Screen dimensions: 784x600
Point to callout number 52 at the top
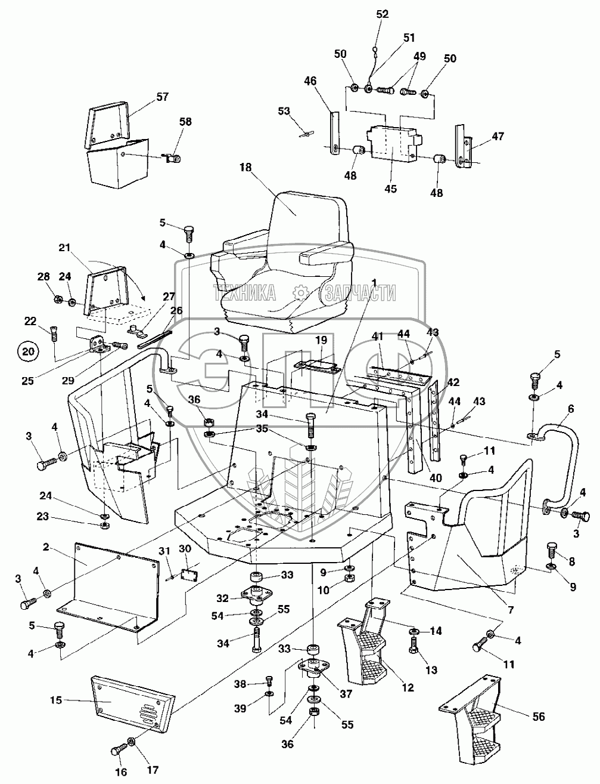pyautogui.click(x=382, y=14)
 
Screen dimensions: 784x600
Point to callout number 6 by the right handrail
pyautogui.click(x=571, y=409)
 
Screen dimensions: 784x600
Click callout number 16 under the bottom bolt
pyautogui.click(x=121, y=772)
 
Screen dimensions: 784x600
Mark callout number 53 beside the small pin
pyautogui.click(x=284, y=111)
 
